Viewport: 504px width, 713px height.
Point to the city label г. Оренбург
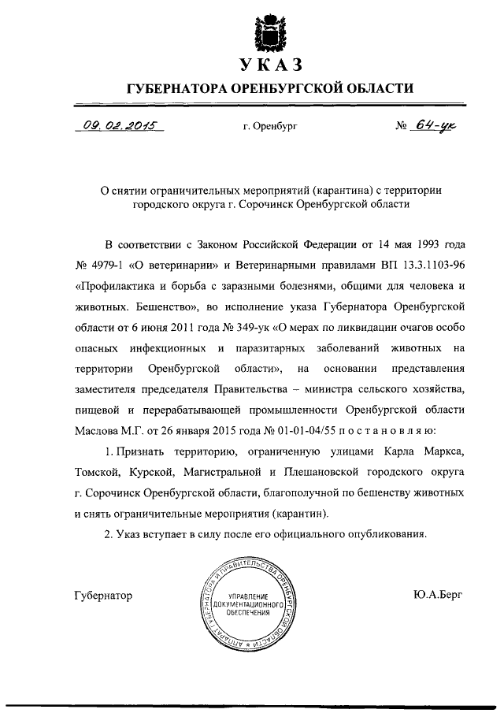pos(271,126)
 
